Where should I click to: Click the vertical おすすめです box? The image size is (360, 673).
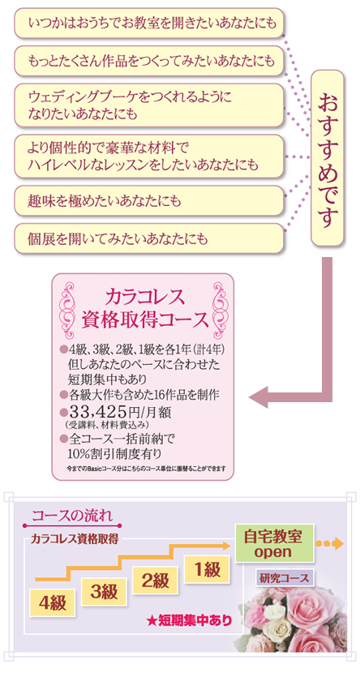[328, 158]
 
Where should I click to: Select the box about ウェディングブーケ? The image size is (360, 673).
[149, 105]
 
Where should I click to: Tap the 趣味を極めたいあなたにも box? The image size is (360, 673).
[149, 200]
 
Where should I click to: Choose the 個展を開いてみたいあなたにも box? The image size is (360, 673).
[149, 238]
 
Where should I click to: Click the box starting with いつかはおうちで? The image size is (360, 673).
[149, 23]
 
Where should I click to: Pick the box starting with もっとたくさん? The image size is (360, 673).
[149, 61]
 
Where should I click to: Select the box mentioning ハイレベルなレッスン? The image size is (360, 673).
[149, 156]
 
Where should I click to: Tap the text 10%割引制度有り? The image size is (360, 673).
[115, 453]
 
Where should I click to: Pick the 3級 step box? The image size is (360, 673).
[104, 592]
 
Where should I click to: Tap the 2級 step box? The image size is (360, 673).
[155, 581]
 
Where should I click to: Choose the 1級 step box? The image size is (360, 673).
[207, 569]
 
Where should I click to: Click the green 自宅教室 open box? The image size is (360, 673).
[273, 544]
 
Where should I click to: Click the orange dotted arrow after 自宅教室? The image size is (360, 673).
[329, 544]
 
